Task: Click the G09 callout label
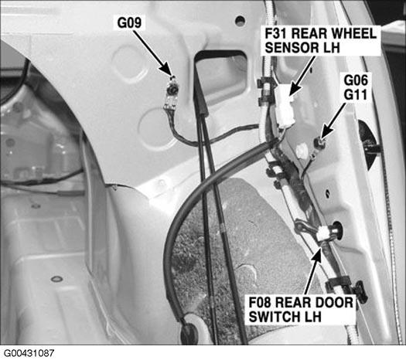pyautogui.click(x=129, y=22)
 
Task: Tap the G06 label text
pyautogui.click(x=356, y=80)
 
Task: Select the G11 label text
pyautogui.click(x=355, y=94)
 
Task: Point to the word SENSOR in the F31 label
pyautogui.click(x=288, y=48)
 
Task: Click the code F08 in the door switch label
pyautogui.click(x=260, y=302)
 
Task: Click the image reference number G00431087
pyautogui.click(x=29, y=353)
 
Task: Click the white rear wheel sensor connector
pyautogui.click(x=285, y=106)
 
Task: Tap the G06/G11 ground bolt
pyautogui.click(x=318, y=142)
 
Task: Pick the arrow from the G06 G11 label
pyautogui.click(x=333, y=121)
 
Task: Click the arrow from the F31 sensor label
pyautogui.click(x=302, y=76)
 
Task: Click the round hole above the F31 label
pyautogui.click(x=240, y=20)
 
